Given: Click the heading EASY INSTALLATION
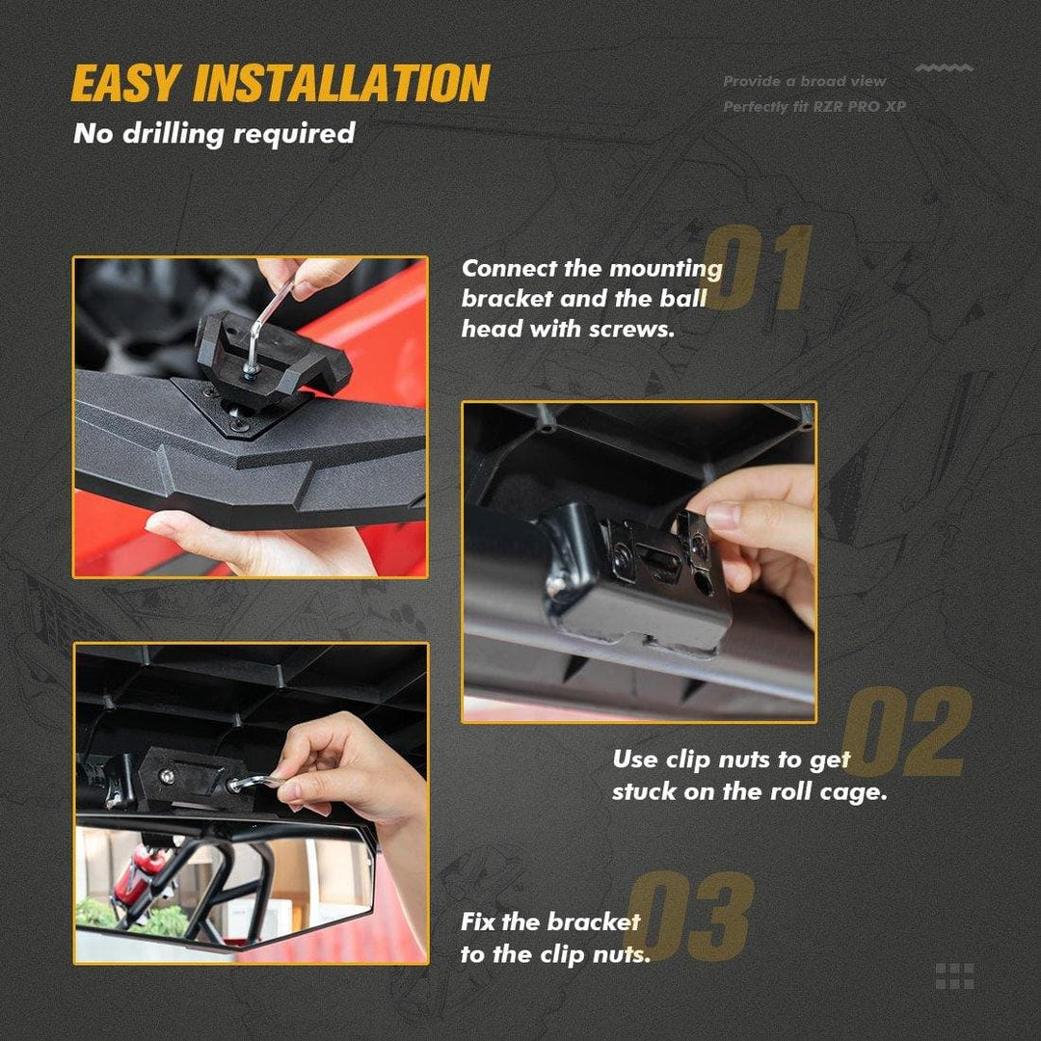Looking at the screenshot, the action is point(280,83).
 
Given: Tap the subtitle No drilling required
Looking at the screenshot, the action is point(214,133).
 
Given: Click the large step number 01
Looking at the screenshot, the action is point(757,267).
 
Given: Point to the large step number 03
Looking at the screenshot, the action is point(690,917).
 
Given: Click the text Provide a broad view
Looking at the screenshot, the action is point(804,81).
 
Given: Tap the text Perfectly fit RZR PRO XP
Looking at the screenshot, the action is point(814,106).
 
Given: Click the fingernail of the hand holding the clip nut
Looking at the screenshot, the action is point(723,515).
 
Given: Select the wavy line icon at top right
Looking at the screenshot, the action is point(944,67).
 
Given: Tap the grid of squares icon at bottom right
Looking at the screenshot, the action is point(954,975).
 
